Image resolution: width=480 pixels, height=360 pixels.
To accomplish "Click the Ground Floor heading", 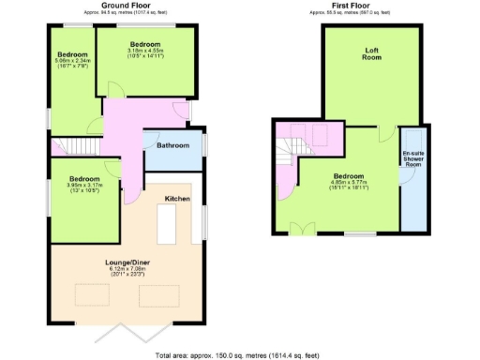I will [127, 5].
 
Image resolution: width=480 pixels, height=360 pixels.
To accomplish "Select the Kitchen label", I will [178, 200].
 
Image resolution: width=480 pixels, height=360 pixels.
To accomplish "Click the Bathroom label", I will [172, 145].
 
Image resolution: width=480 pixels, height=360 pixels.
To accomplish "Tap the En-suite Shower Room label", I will [412, 158].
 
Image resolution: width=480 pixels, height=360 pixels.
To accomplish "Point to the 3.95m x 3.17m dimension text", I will [83, 185].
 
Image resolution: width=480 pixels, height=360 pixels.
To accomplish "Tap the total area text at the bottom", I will [240, 354].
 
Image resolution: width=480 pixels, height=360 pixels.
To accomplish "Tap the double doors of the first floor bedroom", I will [303, 229].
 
